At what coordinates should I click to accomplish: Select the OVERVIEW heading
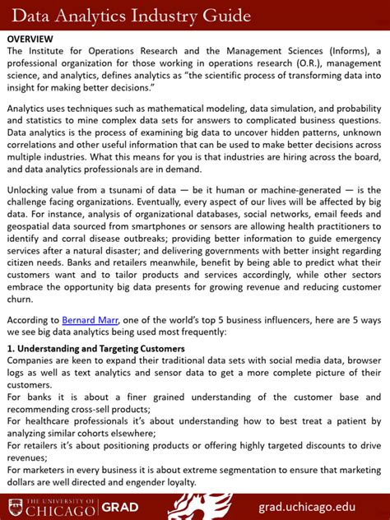point(30,39)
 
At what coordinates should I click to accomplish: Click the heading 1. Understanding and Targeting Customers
point(95,348)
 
